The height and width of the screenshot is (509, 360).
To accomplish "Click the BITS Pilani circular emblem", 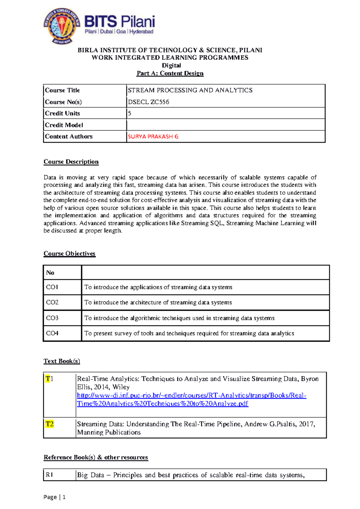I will (62, 26).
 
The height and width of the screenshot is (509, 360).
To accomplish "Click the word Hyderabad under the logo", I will (141, 32).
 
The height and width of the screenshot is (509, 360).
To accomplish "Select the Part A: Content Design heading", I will (170, 73).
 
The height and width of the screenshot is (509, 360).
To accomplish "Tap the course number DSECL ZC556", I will (148, 102).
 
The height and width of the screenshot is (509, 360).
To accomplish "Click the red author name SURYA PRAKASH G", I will (153, 137).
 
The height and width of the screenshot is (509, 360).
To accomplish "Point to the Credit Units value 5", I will (130, 113).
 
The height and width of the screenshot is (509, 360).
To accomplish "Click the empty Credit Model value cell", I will (226, 125).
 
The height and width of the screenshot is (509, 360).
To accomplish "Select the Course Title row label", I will (62, 90).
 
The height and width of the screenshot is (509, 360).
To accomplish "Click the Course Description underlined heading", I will (71, 162).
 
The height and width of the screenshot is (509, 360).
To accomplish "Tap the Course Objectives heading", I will (69, 254).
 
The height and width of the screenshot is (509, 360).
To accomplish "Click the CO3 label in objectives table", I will (52, 318).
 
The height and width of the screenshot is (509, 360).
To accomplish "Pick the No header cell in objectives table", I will (50, 273).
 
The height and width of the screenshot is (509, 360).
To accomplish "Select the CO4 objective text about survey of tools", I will (189, 333).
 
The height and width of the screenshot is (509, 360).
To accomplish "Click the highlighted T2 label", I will (49, 424).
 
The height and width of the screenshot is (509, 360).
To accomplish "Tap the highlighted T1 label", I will (49, 379).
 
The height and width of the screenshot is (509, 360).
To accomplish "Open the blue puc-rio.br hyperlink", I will (191, 396).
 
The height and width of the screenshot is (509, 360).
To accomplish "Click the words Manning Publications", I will (109, 432).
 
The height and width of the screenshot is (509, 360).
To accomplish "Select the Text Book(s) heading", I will (62, 361).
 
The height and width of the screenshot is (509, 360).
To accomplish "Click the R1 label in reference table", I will (49, 475).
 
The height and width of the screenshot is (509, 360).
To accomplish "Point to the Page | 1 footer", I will (54, 497).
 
